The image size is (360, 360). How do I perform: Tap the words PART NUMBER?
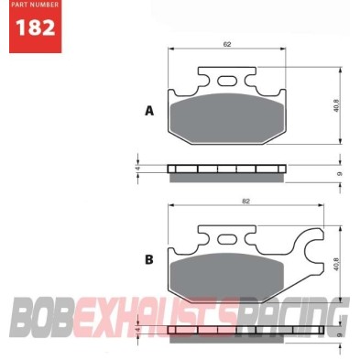coord(30,7)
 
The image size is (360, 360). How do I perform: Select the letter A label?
coord(148,111)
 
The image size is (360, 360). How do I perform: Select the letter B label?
coord(148,259)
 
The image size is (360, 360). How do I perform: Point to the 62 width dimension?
coord(225,44)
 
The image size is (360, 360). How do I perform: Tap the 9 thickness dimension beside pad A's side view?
coord(340,172)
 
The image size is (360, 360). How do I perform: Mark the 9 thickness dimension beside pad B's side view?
coord(340,335)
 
